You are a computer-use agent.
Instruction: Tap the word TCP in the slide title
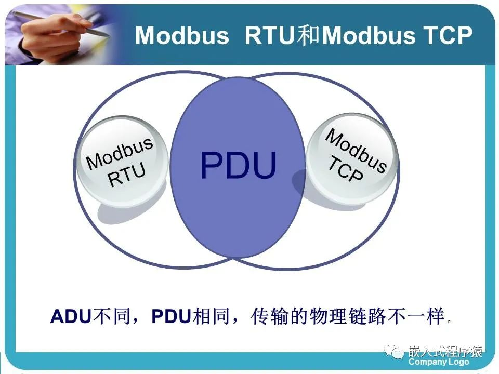[445, 35]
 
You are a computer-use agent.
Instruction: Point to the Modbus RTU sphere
[123, 162]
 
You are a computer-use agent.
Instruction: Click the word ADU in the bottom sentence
[70, 316]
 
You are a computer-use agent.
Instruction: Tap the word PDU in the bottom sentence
[172, 316]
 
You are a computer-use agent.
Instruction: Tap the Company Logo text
[439, 362]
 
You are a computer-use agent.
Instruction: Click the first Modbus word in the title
[182, 35]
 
